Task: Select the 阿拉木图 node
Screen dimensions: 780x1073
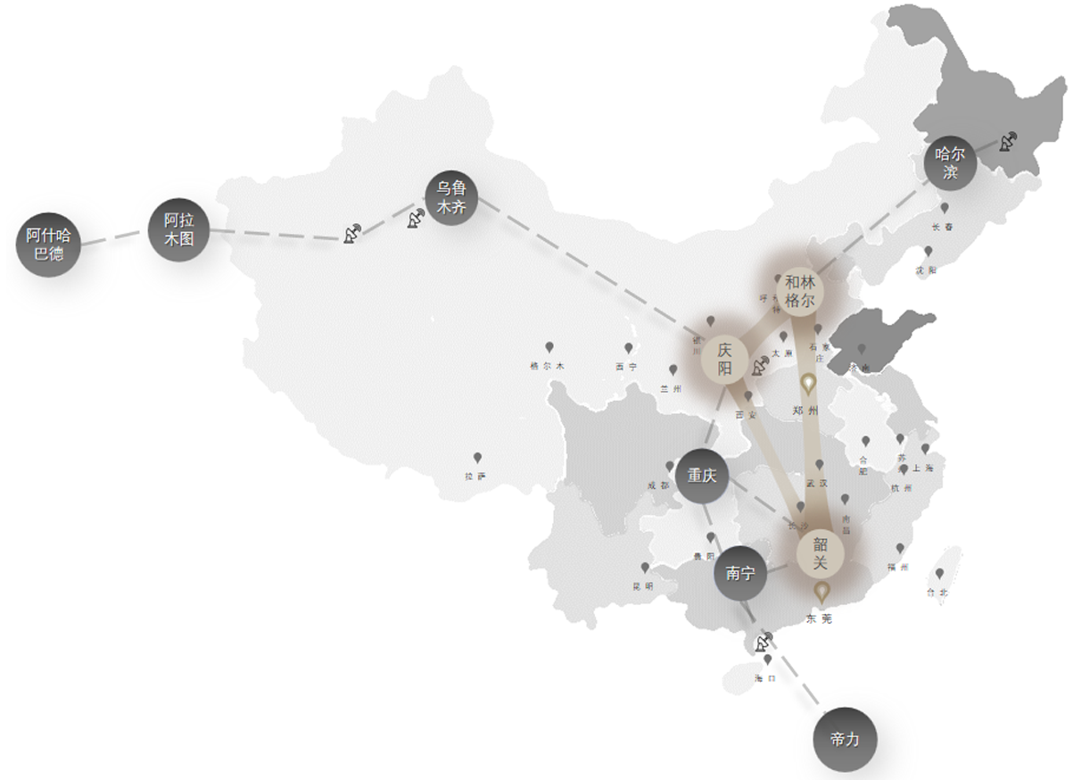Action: click(178, 230)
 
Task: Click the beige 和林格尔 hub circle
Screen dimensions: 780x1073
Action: click(800, 292)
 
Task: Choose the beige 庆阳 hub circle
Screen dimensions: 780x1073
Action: click(724, 357)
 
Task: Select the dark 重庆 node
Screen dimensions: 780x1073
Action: click(702, 476)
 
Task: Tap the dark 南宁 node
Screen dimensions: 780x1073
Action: click(740, 574)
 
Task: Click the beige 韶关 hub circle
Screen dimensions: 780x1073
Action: click(821, 552)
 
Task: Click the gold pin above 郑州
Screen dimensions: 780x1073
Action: click(808, 385)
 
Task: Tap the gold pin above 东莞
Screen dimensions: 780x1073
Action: click(821, 592)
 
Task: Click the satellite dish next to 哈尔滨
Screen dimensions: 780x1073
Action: click(1007, 141)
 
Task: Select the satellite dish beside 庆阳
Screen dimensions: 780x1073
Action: click(761, 366)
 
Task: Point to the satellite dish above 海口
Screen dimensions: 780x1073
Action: click(764, 641)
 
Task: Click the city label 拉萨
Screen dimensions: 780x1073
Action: click(476, 477)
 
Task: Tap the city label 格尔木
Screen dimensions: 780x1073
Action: click(547, 366)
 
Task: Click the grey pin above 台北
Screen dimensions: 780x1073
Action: click(938, 574)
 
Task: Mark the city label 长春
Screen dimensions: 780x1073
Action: click(942, 227)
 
